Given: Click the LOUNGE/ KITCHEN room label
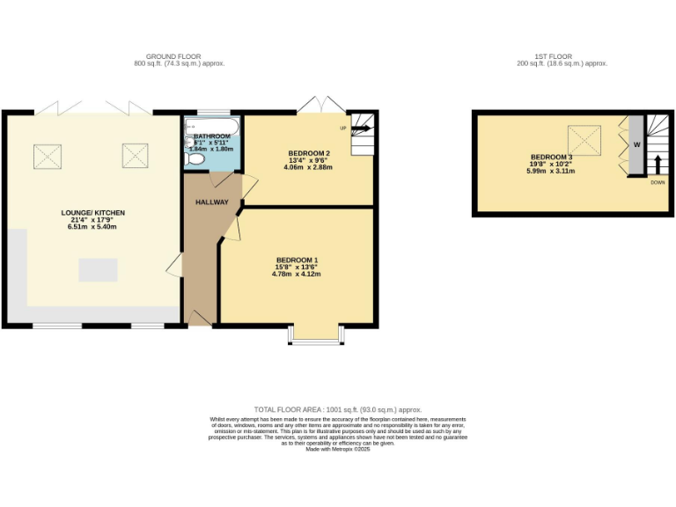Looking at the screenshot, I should tap(93, 213).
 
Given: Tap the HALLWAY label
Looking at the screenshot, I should tap(212, 202).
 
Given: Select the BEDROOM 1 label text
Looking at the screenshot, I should tap(297, 260).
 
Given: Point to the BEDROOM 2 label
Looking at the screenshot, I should tap(309, 154).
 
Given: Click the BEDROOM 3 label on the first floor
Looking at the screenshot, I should tap(551, 157).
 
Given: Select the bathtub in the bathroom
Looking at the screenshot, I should tap(211, 127).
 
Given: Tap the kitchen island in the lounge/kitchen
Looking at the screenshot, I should tap(98, 269).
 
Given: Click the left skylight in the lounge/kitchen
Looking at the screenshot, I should tap(48, 156).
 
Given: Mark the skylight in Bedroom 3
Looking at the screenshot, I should tap(584, 138).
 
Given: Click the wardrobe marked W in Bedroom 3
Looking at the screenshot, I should tap(636, 145).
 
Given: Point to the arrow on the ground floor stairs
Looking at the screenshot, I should tap(361, 128).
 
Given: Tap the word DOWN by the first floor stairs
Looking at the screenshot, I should tap(658, 182).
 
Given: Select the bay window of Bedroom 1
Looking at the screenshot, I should tap(315, 336).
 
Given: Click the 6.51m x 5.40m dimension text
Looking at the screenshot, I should tap(93, 227).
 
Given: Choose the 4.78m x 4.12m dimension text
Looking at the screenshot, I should tap(297, 274).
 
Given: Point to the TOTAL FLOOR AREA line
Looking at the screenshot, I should tap(338, 410).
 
